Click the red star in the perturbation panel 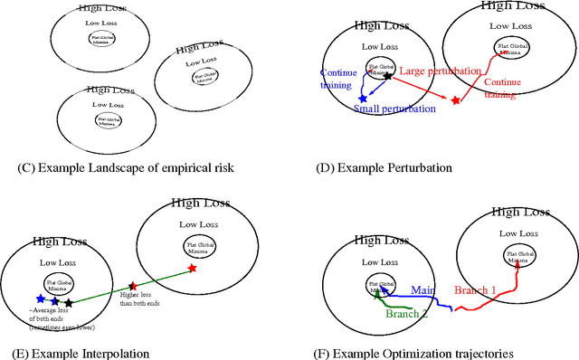456,99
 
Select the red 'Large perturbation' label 437,71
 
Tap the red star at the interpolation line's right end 192,269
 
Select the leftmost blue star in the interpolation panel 40,298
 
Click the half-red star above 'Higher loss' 133,287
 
